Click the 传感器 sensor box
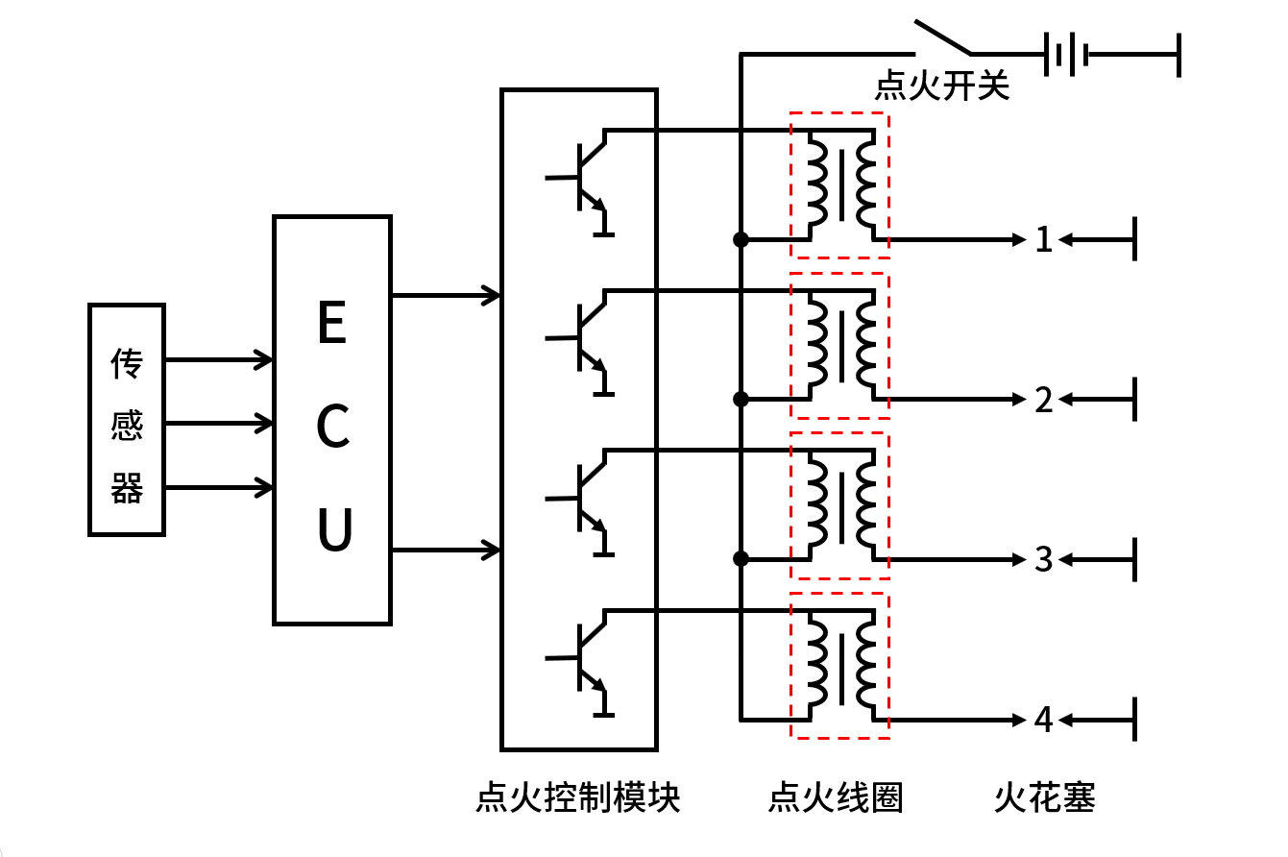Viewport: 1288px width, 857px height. [127, 419]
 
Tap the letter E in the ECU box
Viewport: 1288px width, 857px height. [332, 324]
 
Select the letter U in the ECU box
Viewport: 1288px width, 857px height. [333, 530]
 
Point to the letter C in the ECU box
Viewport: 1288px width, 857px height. [332, 428]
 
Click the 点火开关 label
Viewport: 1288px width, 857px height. [941, 87]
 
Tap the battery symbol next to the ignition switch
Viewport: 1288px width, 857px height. [1064, 54]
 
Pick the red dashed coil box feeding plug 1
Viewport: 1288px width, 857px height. [839, 185]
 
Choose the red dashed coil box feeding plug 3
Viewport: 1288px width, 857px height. [839, 505]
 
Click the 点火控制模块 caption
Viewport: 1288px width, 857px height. [578, 798]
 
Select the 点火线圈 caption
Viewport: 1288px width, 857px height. [836, 798]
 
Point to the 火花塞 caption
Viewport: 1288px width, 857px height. [1044, 798]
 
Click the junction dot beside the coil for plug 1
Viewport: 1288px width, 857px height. [741, 239]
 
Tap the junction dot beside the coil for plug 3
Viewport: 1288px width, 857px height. [741, 558]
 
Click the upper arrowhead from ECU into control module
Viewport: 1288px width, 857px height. [493, 295]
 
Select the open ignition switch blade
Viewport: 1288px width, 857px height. [943, 37]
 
